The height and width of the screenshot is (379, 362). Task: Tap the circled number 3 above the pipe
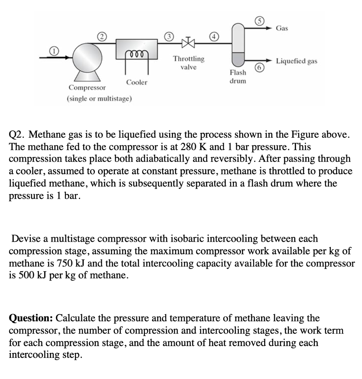pos(169,36)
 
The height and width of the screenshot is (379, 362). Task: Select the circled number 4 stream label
pos(213,36)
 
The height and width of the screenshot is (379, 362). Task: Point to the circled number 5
pos(260,20)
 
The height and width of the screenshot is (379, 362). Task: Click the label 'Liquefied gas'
pos(296,61)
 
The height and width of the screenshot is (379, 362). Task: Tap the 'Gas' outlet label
pos(282,28)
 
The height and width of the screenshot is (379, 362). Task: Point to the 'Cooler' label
pos(136,82)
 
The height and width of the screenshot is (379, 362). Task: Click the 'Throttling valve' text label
pos(189,63)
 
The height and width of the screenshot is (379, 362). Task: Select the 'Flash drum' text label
pos(238,77)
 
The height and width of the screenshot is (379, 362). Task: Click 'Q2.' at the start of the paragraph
pos(17,134)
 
